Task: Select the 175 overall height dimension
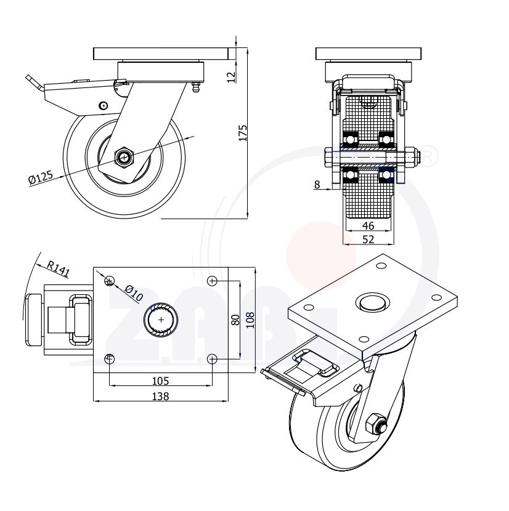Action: [242, 133]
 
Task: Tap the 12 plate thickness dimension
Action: [231, 76]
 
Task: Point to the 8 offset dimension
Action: [317, 183]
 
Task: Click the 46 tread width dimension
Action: [368, 226]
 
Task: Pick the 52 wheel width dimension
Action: [368, 239]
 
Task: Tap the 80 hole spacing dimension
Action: [235, 320]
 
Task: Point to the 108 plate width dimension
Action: [250, 320]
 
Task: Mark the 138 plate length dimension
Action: [160, 396]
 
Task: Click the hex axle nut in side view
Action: [125, 158]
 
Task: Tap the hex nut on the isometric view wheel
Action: [374, 424]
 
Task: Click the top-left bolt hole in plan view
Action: [110, 281]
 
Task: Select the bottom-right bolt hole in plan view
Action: [212, 358]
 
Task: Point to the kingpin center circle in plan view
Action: [161, 320]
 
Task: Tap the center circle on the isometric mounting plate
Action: [372, 303]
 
